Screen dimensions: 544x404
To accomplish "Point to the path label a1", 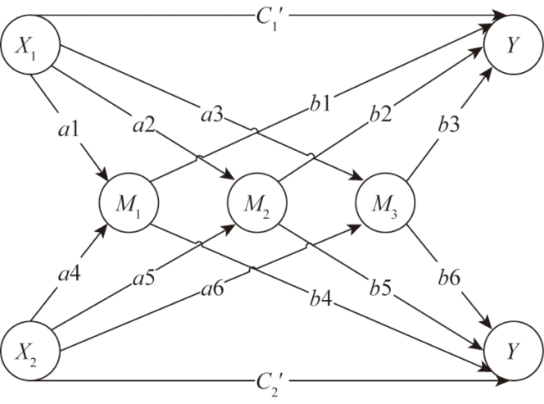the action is pyautogui.click(x=69, y=130).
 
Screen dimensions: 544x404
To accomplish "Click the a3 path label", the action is pyautogui.click(x=213, y=115).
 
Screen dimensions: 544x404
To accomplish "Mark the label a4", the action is pyautogui.click(x=69, y=274).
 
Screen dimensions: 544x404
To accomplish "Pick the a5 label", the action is pyautogui.click(x=144, y=278).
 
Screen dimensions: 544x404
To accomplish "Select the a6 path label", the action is pyautogui.click(x=213, y=288).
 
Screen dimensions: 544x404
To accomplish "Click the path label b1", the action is pyautogui.click(x=321, y=103).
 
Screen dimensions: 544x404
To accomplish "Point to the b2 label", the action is pyautogui.click(x=381, y=114).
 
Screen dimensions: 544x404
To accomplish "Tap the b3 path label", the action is pyautogui.click(x=449, y=124).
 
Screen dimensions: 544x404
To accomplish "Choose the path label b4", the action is pyautogui.click(x=321, y=298).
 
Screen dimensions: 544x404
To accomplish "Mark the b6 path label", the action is pyautogui.click(x=449, y=277).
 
